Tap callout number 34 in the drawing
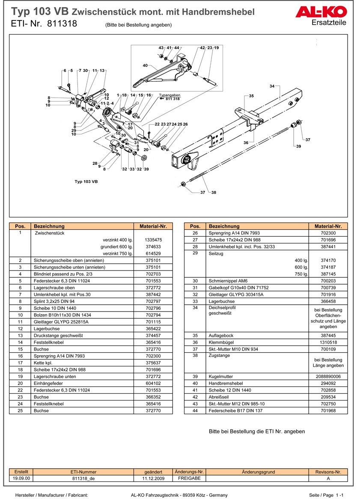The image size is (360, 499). tap(272, 86)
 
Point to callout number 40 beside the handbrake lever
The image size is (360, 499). tap(145, 65)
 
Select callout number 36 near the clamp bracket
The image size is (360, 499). tap(246, 143)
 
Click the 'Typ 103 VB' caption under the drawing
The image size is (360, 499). tap(86, 181)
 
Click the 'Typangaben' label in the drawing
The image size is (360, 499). tap(170, 95)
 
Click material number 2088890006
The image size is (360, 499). tap(328, 376)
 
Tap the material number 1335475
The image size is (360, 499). tap(153, 240)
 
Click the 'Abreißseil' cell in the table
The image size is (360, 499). tap(219, 397)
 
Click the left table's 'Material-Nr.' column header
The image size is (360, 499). tap(153, 226)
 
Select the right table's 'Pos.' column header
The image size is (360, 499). tap(195, 226)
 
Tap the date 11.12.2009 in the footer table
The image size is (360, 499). tap(153, 478)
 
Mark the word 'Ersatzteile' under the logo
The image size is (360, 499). tap(329, 23)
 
